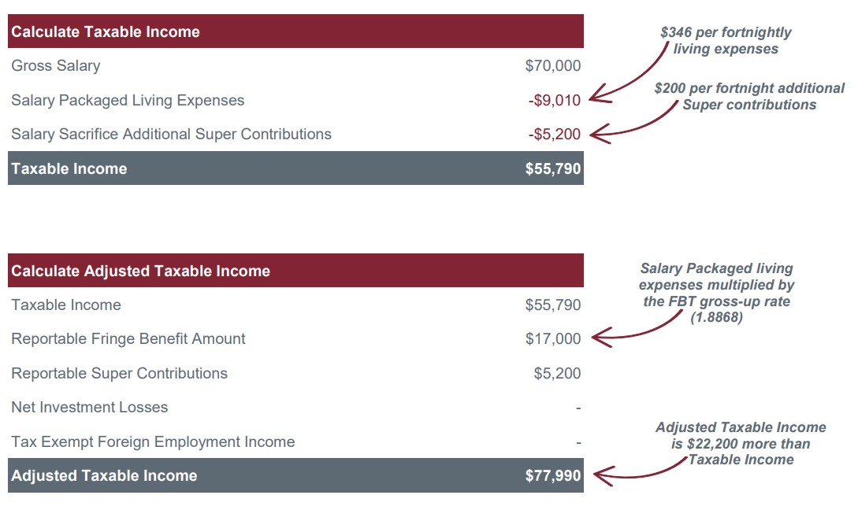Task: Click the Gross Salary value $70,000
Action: [552, 66]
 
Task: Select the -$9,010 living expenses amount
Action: [554, 101]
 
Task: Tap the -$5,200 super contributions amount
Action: [554, 135]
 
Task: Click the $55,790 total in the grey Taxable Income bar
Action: [552, 168]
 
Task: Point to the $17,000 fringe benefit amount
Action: [552, 339]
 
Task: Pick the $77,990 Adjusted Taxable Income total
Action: [552, 475]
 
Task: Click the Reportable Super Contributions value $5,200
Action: [557, 374]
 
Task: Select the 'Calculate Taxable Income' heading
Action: [106, 32]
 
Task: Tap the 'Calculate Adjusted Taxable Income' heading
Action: [140, 271]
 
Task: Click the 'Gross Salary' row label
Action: [55, 66]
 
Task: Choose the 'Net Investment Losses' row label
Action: [89, 408]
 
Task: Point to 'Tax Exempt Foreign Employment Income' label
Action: [153, 442]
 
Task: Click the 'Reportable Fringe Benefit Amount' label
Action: [128, 339]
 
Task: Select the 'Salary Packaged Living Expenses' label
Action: [128, 101]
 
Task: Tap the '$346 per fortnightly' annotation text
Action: [725, 33]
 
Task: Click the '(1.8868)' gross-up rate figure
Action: [716, 318]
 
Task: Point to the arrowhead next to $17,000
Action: [596, 338]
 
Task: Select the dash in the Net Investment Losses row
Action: [578, 408]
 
